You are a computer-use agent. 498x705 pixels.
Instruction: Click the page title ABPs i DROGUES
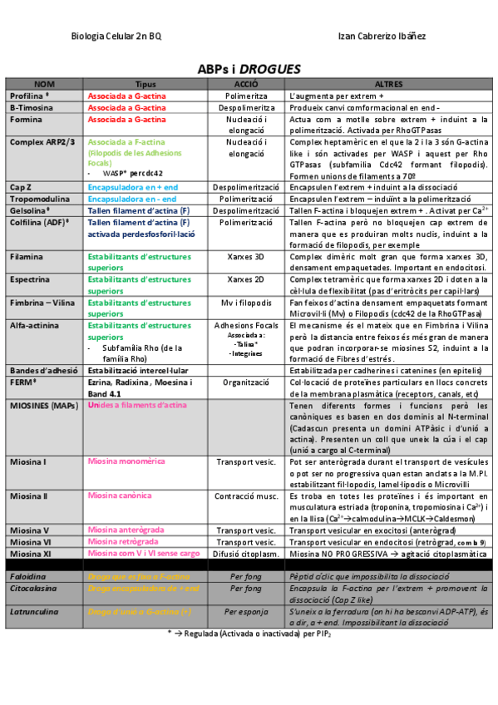click(x=249, y=69)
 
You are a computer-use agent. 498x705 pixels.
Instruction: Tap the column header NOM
click(x=45, y=85)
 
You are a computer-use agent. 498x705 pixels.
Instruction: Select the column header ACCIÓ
click(x=245, y=85)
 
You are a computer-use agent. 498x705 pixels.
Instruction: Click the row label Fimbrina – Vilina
click(x=42, y=303)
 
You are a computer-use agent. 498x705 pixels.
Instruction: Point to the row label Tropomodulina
click(x=40, y=200)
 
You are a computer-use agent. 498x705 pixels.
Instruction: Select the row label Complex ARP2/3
click(x=42, y=142)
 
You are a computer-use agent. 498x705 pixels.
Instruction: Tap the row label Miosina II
click(x=28, y=495)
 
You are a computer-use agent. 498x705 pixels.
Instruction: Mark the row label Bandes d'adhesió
click(x=44, y=369)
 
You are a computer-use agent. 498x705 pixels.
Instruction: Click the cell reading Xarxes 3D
click(x=245, y=258)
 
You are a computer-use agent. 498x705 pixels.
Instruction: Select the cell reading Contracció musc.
click(x=245, y=495)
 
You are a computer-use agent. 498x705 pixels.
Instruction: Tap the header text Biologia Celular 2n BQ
click(x=117, y=37)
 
